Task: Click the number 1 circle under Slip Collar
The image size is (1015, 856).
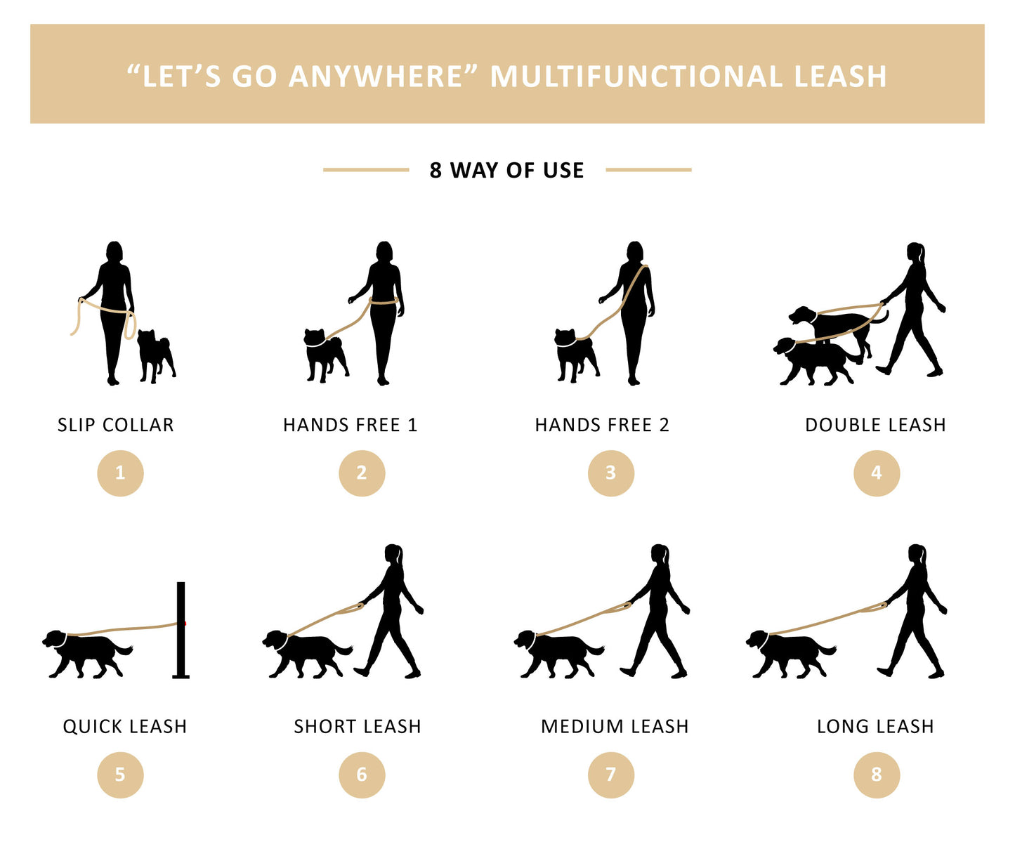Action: click(x=120, y=473)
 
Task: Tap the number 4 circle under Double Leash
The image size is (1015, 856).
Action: click(x=876, y=473)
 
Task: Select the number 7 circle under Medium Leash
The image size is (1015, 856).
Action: click(x=610, y=775)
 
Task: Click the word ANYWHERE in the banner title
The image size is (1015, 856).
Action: click(x=376, y=77)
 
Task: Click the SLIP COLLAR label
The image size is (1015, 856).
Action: click(x=116, y=425)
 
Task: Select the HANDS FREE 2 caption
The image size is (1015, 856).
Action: click(x=602, y=425)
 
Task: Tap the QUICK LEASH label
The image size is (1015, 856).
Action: click(x=125, y=726)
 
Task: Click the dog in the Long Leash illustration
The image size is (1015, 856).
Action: click(x=787, y=653)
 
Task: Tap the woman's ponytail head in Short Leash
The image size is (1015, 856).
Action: click(x=393, y=554)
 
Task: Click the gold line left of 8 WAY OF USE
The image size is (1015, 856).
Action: click(x=366, y=170)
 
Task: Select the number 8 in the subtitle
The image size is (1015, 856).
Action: click(x=436, y=171)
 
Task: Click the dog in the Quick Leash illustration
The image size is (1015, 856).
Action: click(x=84, y=653)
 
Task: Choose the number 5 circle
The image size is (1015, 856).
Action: click(x=120, y=775)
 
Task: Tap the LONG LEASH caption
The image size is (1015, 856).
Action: click(x=875, y=726)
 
